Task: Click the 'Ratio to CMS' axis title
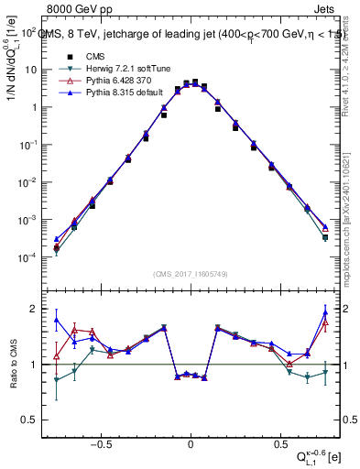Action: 14,377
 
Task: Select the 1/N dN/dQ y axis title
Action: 13,64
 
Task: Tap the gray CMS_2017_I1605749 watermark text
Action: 190,274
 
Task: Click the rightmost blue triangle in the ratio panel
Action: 324,313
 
